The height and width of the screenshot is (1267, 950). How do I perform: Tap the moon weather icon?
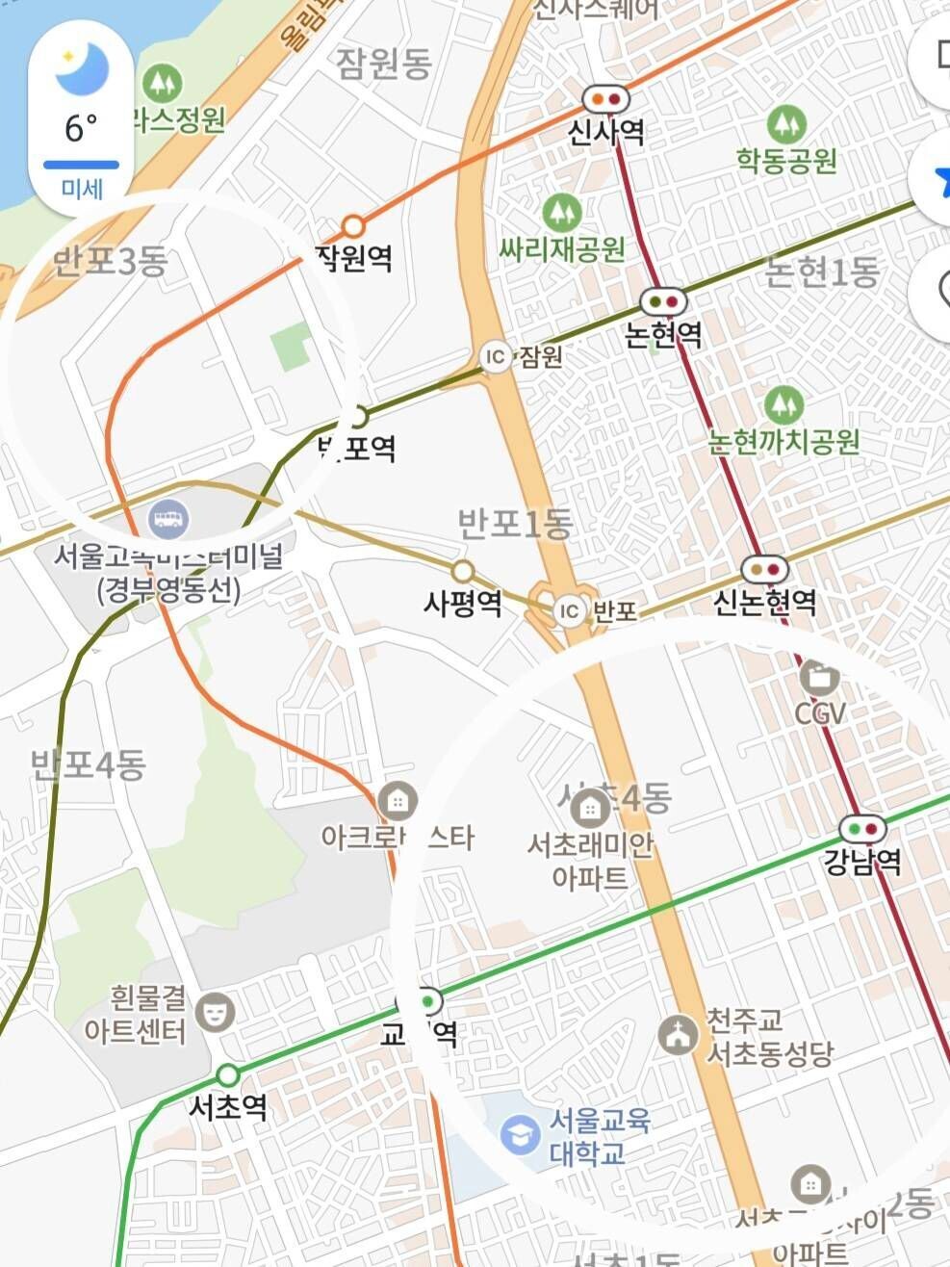coord(82,68)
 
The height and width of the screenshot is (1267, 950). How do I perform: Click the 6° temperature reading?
coord(81,127)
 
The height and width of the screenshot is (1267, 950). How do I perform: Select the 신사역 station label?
coord(605,132)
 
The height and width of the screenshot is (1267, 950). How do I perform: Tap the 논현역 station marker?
coord(664,301)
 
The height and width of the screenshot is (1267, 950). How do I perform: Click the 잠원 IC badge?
coord(496,357)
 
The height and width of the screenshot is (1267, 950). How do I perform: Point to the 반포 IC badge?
coord(570,610)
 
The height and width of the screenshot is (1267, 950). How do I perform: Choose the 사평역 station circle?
coord(463,572)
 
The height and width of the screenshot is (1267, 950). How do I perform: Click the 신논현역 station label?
coord(764,603)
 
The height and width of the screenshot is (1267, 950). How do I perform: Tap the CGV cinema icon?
coord(819,678)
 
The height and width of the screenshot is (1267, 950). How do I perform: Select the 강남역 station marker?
coord(862,828)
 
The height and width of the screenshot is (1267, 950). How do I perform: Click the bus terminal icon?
coord(169,521)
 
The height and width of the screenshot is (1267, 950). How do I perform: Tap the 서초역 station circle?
coord(228,1074)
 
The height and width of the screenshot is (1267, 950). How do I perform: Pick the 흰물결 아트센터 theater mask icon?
coord(215,1011)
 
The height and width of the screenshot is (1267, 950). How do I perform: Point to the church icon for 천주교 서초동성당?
coord(679,1035)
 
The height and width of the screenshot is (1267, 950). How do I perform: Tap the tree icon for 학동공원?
coord(786,124)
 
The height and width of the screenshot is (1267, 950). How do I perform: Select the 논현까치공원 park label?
coord(783,443)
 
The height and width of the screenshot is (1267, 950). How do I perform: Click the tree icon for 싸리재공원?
coord(562,212)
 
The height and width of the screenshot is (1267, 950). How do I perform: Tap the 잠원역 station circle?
coord(354,226)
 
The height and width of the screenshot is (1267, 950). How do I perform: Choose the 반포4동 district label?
coord(89,766)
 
